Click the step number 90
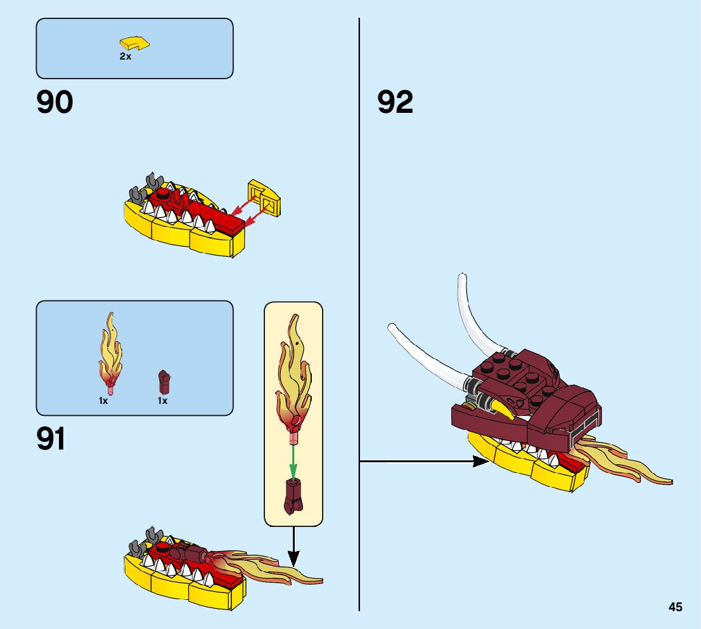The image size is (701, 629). click(55, 103)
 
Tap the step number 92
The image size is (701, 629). click(395, 103)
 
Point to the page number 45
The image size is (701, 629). click(675, 607)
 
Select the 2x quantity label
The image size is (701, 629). click(125, 56)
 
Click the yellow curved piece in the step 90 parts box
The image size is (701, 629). click(134, 43)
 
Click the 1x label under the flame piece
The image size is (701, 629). click(103, 401)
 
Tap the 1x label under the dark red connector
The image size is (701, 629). click(162, 401)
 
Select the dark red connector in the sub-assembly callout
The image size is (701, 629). click(293, 495)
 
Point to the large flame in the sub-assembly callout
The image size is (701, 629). click(293, 374)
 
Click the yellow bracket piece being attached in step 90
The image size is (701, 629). click(266, 198)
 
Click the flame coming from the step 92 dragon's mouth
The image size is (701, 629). click(627, 466)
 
